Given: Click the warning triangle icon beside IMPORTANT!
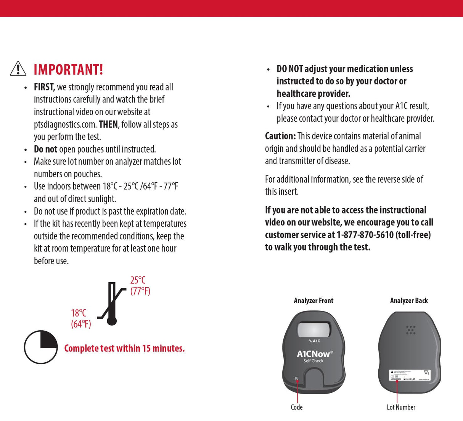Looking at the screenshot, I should pos(18,69).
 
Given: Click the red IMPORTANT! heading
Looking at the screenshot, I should pos(68,70).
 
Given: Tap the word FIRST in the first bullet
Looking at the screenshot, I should pos(44,87).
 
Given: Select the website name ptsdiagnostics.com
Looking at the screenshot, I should pos(64,125).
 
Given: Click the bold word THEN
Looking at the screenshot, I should pos(108,125).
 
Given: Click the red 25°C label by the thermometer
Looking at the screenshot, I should pos(138,281).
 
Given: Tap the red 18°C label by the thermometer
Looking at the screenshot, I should pos(79,313).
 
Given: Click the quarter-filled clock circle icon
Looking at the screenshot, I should pos(41,347).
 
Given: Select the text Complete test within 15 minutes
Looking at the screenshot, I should pos(124,348).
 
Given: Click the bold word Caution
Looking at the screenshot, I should pos(280,136).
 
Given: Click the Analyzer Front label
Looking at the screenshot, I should pos(313,301).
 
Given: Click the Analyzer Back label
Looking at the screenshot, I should pos(409,301).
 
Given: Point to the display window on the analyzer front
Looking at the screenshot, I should pos(313,329).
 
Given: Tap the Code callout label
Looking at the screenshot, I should pos(297,407).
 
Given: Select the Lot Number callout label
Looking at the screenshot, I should pos(401,407).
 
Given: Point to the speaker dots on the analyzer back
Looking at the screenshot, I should pos(411,330).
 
